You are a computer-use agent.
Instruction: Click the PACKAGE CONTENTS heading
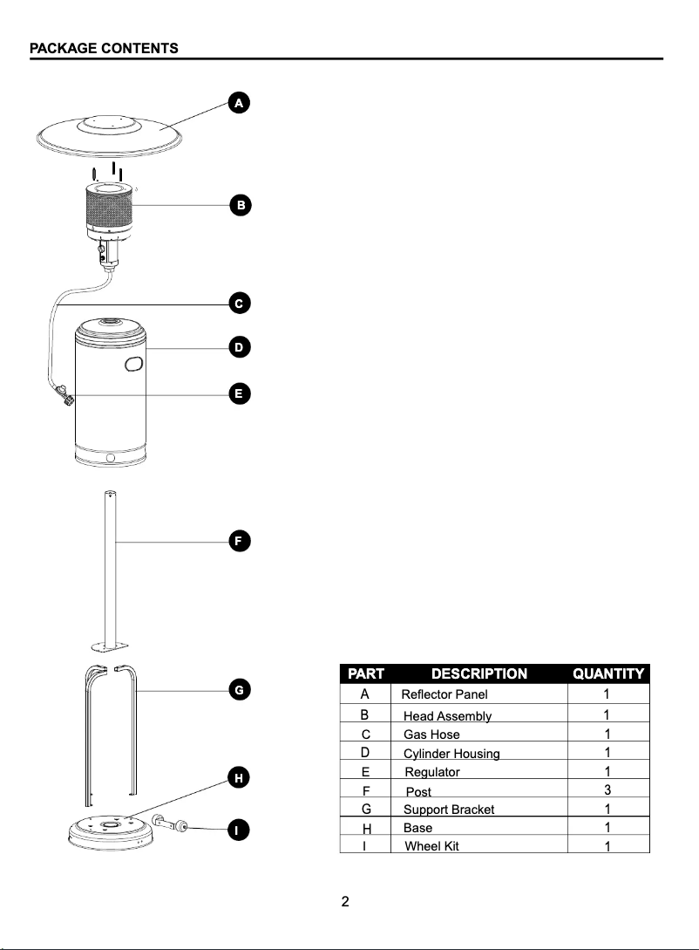(x=104, y=49)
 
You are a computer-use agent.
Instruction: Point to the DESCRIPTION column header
(x=478, y=673)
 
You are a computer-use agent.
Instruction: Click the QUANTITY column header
(x=607, y=673)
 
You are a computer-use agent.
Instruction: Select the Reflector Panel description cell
(x=445, y=695)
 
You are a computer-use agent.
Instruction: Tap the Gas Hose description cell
(x=431, y=735)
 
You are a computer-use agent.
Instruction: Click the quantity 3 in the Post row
(x=607, y=790)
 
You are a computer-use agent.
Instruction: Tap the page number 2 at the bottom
(x=345, y=902)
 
